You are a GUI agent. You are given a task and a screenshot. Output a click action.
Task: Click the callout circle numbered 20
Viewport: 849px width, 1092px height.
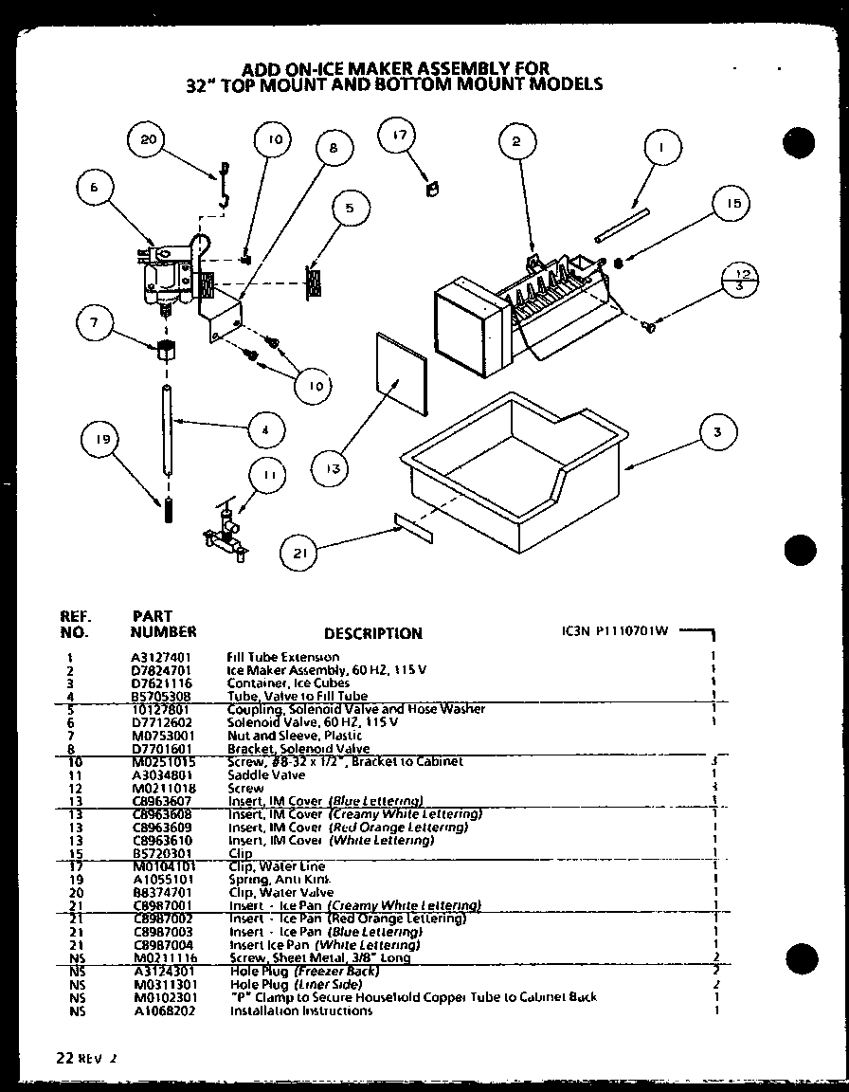point(147,140)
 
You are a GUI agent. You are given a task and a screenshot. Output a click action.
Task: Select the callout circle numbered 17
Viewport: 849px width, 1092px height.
point(399,136)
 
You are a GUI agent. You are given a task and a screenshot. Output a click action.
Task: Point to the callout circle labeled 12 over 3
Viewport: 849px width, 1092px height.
point(743,281)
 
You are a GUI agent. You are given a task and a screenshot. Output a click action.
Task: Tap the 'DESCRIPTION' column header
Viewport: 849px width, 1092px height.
point(372,633)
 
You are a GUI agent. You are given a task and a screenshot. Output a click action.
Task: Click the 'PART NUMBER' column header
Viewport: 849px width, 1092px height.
point(162,624)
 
